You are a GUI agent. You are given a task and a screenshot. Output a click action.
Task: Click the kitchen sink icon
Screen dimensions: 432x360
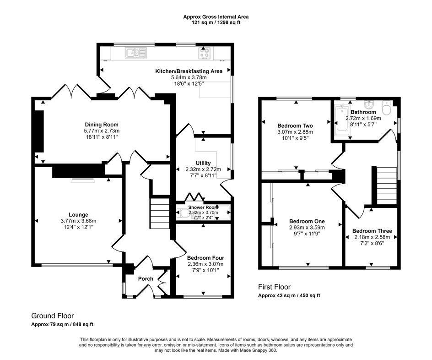click(136, 53)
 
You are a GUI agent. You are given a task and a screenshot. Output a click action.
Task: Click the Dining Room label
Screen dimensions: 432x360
click(102, 125)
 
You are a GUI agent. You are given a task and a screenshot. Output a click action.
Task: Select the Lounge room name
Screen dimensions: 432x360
click(79, 215)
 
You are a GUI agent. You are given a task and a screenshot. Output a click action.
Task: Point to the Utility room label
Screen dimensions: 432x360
click(203, 163)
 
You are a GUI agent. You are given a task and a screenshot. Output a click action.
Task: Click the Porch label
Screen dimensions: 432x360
click(146, 278)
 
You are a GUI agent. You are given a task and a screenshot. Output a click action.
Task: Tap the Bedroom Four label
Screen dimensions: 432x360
click(205, 258)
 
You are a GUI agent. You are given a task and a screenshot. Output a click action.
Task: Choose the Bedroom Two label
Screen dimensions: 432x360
click(295, 125)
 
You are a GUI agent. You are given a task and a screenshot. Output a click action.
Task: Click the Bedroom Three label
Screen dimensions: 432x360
click(372, 231)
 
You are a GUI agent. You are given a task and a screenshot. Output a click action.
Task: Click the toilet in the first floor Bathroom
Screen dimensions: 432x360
click(387, 108)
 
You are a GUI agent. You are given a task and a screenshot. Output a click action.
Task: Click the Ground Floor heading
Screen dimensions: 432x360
click(53, 316)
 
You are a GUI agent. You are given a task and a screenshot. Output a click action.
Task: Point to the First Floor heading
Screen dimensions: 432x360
click(275, 287)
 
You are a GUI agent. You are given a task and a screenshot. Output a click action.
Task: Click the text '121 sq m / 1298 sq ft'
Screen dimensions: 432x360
click(216, 22)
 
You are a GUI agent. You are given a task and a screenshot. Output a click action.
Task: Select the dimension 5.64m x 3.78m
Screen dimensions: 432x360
click(189, 77)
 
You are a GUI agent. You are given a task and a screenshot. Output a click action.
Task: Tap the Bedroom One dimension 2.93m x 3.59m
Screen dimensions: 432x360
click(307, 228)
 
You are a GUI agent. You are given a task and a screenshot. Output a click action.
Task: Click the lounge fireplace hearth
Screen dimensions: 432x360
click(83, 180)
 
